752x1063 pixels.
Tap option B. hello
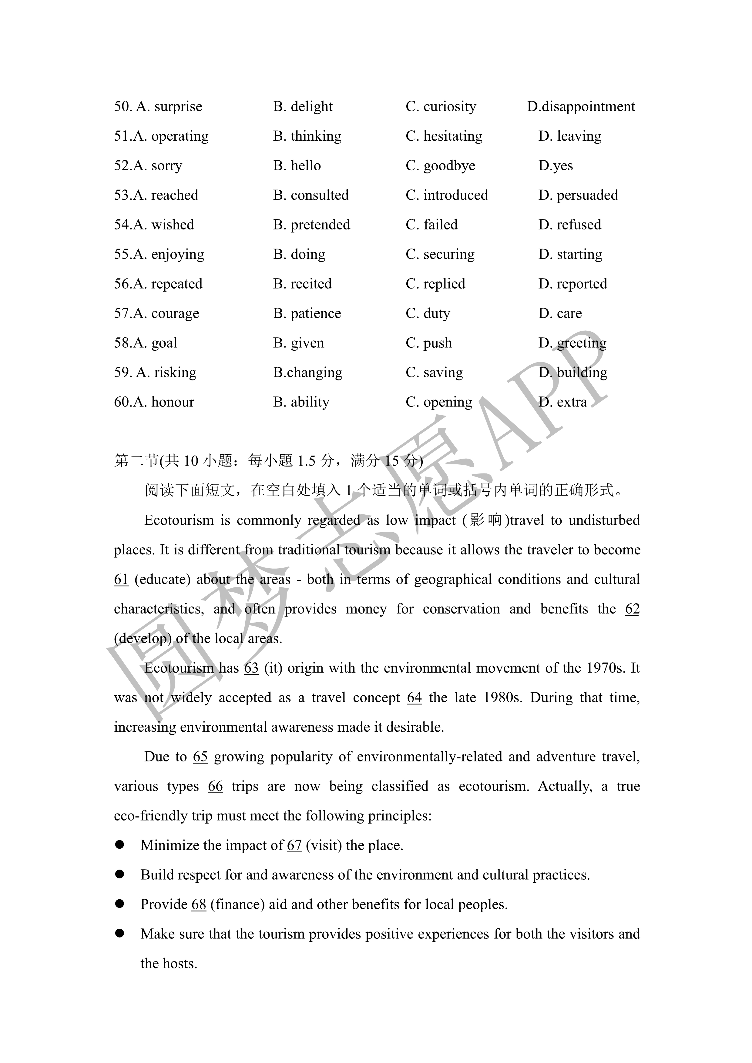(297, 166)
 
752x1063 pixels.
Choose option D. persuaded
(578, 196)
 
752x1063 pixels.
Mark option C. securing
(440, 254)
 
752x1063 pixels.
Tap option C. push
(428, 343)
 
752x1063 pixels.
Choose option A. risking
(155, 373)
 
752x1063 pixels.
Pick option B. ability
(301, 402)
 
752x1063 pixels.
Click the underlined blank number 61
(121, 579)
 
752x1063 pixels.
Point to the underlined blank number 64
(415, 698)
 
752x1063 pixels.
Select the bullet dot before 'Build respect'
(120, 874)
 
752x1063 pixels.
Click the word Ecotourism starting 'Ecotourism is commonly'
(179, 520)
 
